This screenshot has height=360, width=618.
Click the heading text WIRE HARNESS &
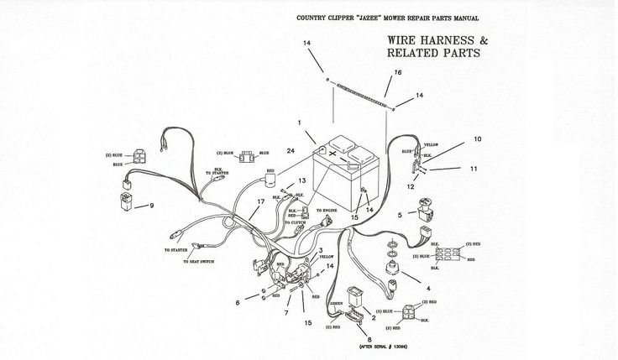pos(436,39)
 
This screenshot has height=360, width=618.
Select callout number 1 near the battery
pos(297,124)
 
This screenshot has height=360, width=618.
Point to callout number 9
pos(152,206)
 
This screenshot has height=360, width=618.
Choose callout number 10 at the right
pos(477,138)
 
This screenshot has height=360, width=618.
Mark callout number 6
pos(238,301)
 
